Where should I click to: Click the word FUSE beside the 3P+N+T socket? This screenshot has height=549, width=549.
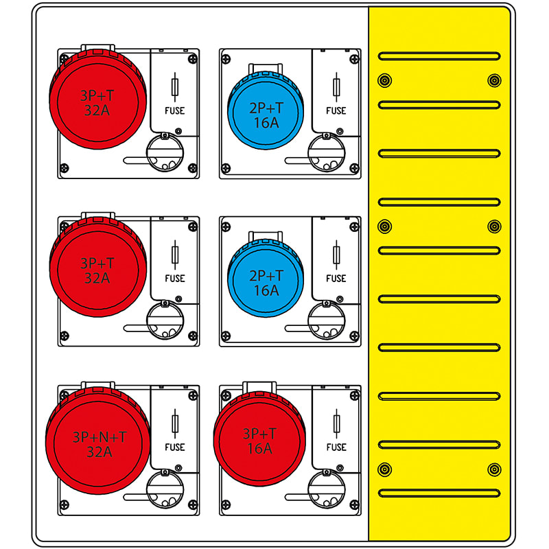[175, 447]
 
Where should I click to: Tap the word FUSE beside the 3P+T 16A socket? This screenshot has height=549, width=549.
[336, 447]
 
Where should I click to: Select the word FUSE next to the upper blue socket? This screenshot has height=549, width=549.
[336, 110]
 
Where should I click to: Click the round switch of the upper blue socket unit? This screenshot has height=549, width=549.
[326, 152]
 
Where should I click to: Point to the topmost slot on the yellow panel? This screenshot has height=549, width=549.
[439, 56]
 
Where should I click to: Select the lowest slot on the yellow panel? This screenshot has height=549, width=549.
[439, 493]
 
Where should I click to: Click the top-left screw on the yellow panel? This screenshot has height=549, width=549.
[384, 80]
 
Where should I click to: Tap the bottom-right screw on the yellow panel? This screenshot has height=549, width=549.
[494, 469]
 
